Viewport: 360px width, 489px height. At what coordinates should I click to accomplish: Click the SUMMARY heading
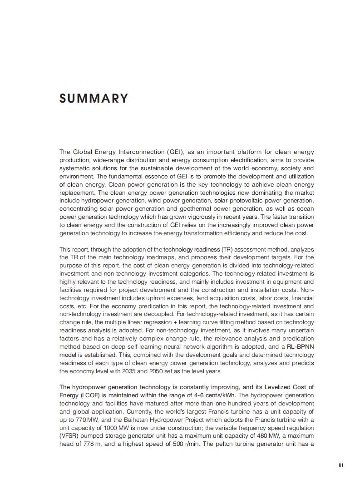pyautogui.click(x=94, y=99)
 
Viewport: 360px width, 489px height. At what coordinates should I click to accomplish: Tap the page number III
pyautogui.click(x=341, y=465)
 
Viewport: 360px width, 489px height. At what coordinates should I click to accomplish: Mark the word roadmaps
pyautogui.click(x=152, y=257)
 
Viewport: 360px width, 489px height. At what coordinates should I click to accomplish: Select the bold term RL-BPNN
pyautogui.click(x=299, y=347)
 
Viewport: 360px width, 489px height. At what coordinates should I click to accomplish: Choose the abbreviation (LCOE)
pyautogui.click(x=91, y=395)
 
